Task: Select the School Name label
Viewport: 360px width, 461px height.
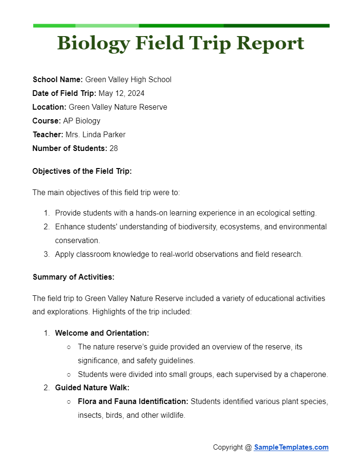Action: coord(57,80)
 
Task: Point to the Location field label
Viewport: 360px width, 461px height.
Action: coord(49,107)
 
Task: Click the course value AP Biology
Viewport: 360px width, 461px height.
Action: coord(82,121)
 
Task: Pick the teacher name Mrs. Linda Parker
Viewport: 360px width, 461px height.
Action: coord(95,135)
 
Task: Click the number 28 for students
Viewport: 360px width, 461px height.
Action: coord(114,149)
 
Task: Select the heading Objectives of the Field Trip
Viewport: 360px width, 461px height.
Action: coord(82,171)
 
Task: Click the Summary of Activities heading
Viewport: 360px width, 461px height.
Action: coord(73,277)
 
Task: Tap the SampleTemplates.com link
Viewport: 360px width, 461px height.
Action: coord(291,447)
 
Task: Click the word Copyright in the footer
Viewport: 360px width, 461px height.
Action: coord(228,447)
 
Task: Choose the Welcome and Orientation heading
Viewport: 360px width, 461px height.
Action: coord(102,333)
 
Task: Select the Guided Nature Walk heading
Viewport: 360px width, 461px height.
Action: coord(92,388)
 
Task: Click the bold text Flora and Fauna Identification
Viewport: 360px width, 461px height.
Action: coord(133,402)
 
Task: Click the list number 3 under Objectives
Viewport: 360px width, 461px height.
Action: coord(47,254)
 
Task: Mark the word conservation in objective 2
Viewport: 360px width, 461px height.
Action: coord(77,241)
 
